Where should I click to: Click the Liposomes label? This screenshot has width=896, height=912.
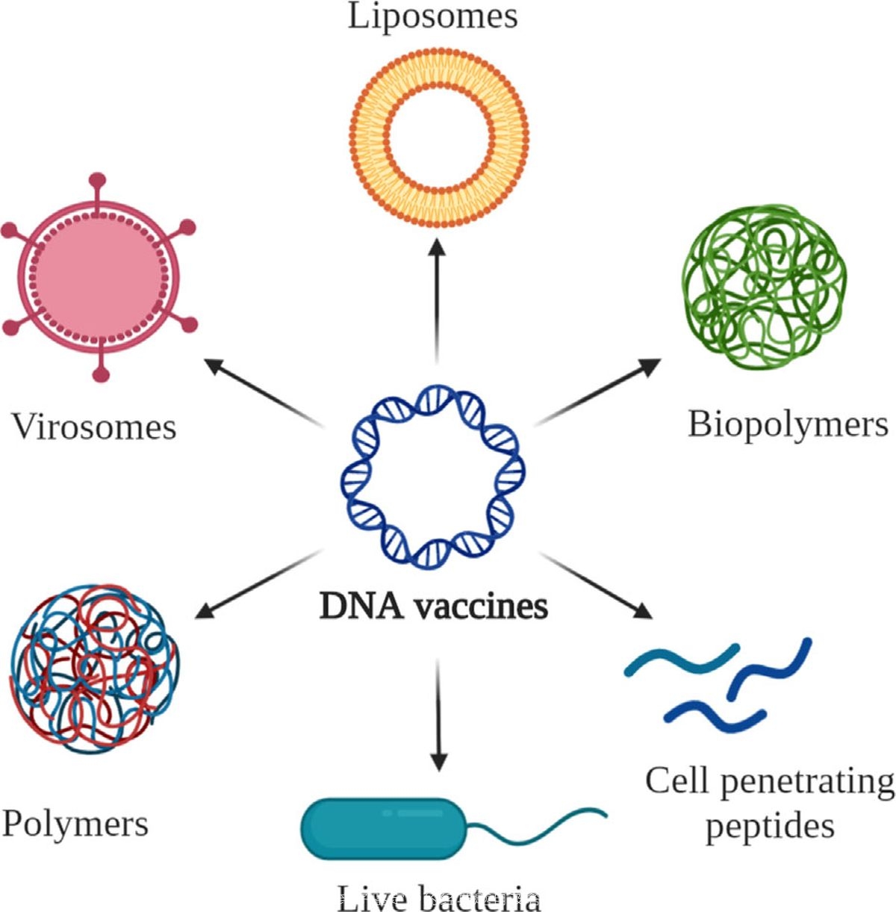433,16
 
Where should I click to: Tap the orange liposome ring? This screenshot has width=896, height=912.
440,70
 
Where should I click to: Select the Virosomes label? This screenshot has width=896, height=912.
94,427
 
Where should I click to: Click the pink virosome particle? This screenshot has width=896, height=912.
97,276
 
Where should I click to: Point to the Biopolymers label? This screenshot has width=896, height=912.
788,424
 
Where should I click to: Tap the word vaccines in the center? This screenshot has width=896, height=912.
482,605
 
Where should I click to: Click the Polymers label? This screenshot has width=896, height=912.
75,824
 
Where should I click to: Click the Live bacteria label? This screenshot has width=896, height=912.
439,899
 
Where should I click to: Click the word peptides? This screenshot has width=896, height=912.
770,827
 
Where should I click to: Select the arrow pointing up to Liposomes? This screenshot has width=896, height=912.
438,299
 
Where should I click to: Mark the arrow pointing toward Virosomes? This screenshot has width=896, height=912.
265,392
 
